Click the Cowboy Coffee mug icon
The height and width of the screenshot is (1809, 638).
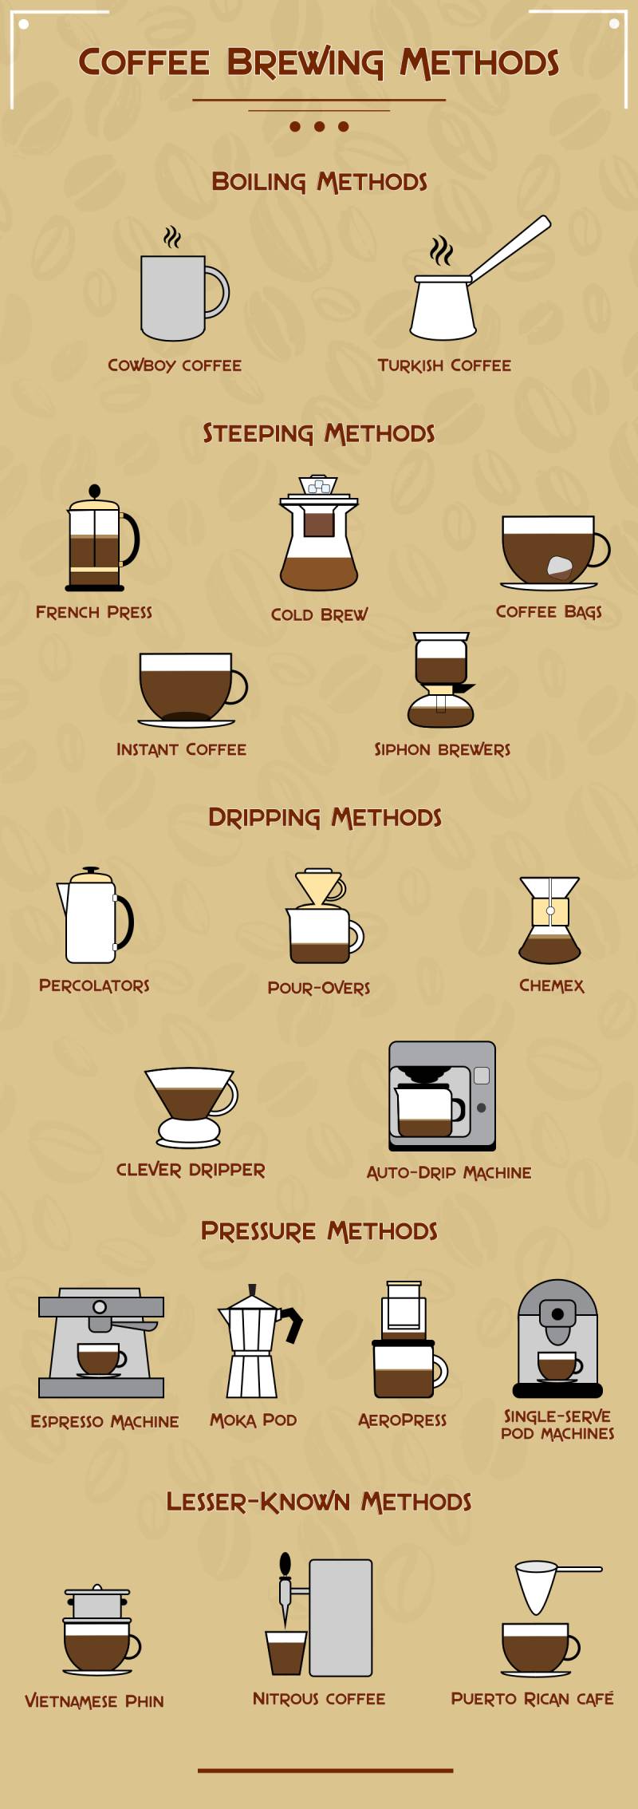(174, 296)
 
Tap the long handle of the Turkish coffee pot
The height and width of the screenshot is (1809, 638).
(511, 248)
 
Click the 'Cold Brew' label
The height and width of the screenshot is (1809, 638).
(319, 614)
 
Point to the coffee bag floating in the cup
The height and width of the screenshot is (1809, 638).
(560, 567)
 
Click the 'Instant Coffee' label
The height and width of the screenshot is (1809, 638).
(181, 749)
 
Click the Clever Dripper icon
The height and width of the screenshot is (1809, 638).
(191, 1105)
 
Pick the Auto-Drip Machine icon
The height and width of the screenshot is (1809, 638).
(442, 1095)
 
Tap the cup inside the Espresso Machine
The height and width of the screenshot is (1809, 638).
(99, 1358)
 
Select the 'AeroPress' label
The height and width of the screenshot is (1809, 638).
(402, 1420)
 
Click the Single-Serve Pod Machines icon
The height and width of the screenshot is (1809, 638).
(557, 1340)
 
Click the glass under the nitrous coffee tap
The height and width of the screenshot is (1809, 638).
(286, 1652)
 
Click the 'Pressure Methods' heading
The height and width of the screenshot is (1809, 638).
(319, 1231)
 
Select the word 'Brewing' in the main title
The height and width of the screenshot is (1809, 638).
(305, 63)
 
